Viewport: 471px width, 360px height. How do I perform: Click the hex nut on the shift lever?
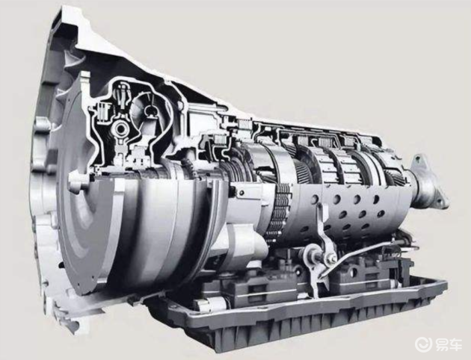[330, 257]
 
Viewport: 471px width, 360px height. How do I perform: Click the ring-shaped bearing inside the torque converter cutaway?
[121, 129]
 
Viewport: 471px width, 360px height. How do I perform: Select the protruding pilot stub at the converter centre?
[78, 182]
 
